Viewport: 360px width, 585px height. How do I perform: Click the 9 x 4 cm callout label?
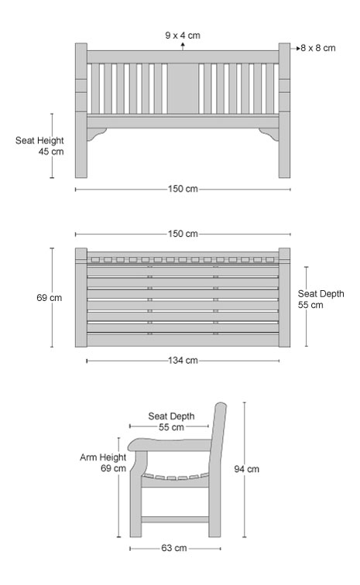click(x=183, y=36)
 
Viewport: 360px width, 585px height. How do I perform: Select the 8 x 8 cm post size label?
click(x=317, y=48)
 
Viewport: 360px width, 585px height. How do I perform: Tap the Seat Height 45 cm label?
click(x=39, y=146)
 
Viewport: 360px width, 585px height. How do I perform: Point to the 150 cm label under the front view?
click(x=183, y=189)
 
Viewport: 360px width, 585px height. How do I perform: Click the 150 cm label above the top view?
click(x=183, y=234)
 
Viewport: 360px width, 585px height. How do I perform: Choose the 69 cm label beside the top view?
click(x=50, y=298)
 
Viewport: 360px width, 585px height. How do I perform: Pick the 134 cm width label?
click(x=183, y=361)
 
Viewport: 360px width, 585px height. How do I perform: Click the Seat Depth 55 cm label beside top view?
click(x=321, y=299)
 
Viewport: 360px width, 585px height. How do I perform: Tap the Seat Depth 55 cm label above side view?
click(x=171, y=422)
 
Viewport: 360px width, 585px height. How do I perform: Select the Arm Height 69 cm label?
click(x=103, y=463)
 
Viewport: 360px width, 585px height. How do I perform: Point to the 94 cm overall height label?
click(x=246, y=469)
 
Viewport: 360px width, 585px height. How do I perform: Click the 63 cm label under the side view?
click(x=174, y=548)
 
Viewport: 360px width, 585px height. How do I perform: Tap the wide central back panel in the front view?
click(x=183, y=88)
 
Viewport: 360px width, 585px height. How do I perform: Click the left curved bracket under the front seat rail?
click(x=96, y=134)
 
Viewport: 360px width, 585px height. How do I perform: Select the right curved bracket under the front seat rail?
click(x=269, y=134)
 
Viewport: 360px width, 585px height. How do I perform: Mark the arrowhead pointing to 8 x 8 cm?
click(x=298, y=48)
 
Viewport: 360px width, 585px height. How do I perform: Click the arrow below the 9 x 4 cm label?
click(x=183, y=46)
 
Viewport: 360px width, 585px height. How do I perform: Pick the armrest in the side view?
click(x=170, y=445)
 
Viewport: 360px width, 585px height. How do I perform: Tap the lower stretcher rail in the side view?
click(x=175, y=519)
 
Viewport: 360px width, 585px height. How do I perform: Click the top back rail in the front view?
click(x=183, y=57)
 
